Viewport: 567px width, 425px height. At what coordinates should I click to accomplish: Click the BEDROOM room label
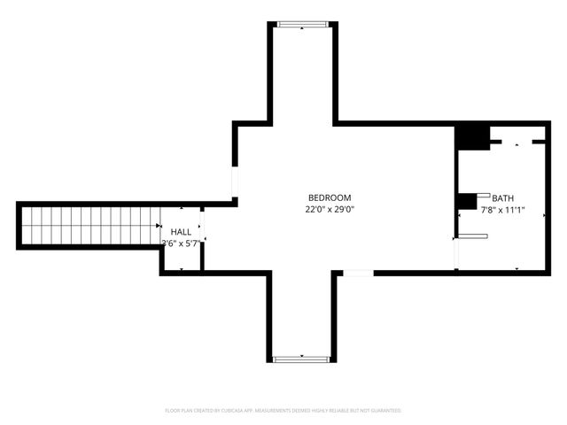(330, 197)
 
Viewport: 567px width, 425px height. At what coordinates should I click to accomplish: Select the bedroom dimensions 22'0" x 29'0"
(330, 210)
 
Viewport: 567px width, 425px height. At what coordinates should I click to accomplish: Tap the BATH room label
(502, 198)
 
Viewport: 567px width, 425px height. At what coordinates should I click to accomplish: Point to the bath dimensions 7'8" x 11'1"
(502, 211)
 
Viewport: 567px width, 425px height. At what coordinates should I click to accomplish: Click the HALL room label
(181, 231)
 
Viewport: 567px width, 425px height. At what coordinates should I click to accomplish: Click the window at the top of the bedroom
(302, 25)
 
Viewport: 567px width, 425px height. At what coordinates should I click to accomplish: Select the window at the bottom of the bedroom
(302, 359)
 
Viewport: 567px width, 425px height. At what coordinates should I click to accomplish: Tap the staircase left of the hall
(89, 226)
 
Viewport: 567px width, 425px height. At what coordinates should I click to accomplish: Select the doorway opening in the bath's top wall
(517, 141)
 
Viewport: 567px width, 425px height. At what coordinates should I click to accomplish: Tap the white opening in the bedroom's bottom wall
(357, 273)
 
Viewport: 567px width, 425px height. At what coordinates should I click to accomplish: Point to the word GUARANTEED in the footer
(384, 411)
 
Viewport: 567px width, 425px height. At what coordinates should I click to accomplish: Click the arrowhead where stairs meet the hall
(160, 227)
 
